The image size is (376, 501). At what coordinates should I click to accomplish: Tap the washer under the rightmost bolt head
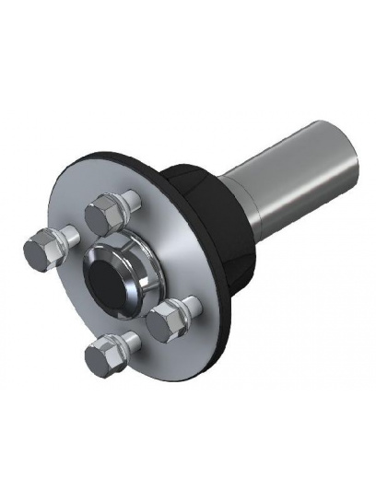(x=181, y=314)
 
